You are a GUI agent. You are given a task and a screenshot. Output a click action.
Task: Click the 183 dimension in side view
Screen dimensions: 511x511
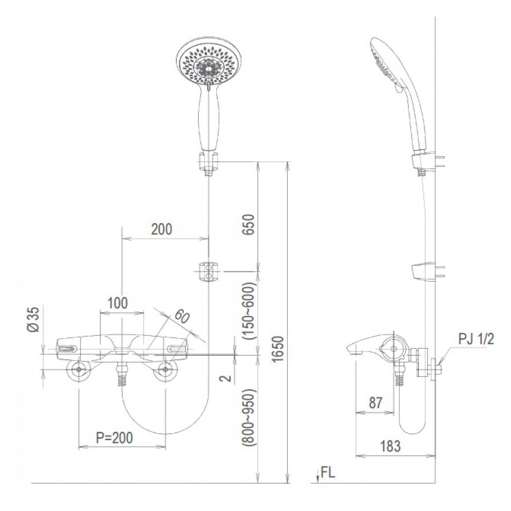pyautogui.click(x=391, y=446)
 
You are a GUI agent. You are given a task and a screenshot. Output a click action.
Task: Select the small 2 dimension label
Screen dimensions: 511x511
pyautogui.click(x=226, y=377)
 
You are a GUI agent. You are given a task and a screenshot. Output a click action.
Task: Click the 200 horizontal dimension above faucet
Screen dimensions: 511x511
pyautogui.click(x=162, y=229)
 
